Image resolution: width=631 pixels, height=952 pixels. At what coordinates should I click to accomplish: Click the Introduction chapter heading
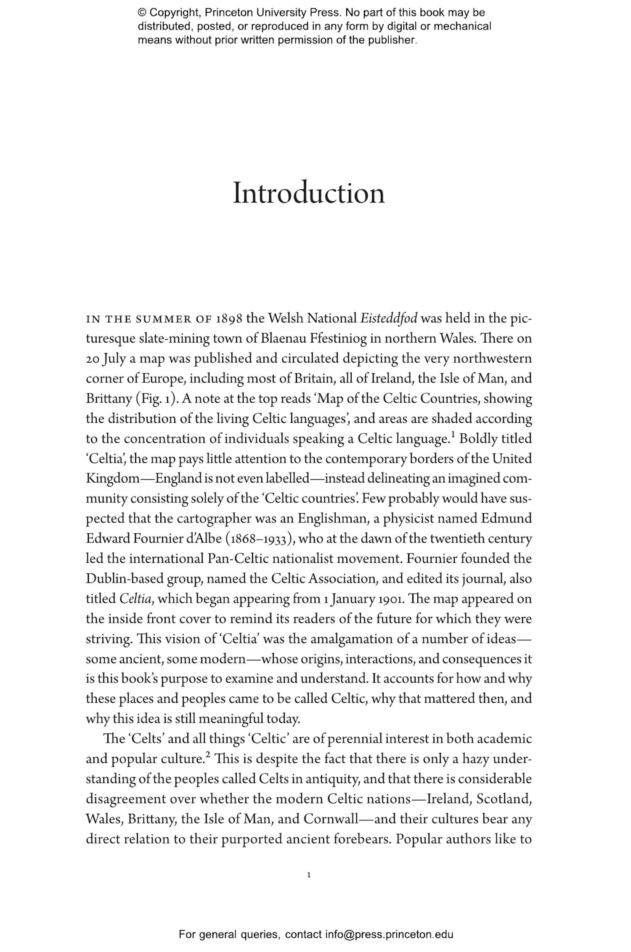click(309, 193)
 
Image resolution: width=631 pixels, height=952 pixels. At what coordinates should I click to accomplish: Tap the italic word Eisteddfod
click(389, 319)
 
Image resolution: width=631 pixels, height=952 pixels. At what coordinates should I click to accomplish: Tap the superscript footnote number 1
click(453, 434)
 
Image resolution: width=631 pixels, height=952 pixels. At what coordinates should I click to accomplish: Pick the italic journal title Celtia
click(135, 599)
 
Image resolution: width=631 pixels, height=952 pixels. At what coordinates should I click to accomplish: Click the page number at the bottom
click(309, 876)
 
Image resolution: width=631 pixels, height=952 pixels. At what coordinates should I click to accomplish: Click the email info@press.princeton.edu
click(389, 935)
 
